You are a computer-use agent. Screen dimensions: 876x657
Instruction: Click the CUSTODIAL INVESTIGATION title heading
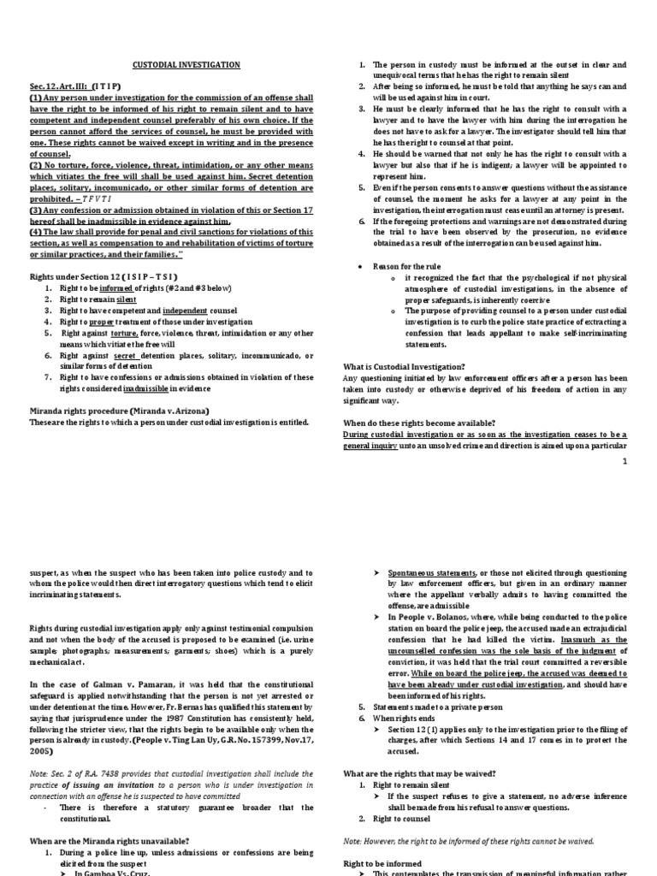pyautogui.click(x=186, y=64)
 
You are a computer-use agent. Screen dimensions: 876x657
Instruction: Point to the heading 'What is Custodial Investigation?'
pyautogui.click(x=398, y=366)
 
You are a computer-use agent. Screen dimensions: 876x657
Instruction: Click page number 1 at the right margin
pyautogui.click(x=624, y=460)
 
